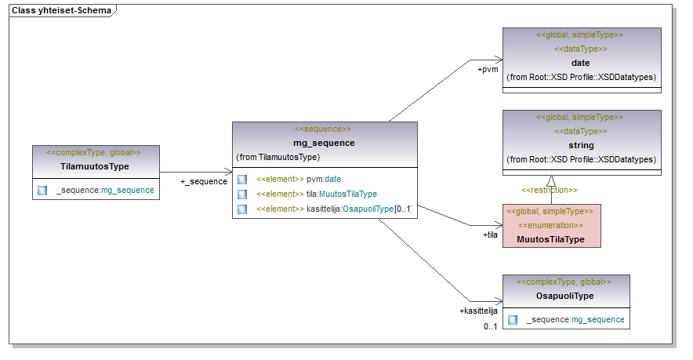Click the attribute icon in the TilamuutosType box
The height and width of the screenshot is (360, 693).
point(42,190)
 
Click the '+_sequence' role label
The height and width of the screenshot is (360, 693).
point(204,181)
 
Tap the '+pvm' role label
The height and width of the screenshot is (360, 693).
point(488,69)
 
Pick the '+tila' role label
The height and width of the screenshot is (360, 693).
point(491,234)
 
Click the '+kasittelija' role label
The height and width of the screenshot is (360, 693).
point(478,311)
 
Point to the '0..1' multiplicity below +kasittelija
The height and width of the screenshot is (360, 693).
point(490,326)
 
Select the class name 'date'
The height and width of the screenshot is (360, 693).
point(580,63)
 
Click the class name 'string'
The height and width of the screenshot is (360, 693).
point(581,145)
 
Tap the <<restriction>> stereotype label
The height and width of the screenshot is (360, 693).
point(550,190)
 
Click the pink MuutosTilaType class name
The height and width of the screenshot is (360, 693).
point(550,239)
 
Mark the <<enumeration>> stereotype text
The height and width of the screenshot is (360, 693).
point(550,224)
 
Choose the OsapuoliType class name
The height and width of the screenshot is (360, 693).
point(564,296)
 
